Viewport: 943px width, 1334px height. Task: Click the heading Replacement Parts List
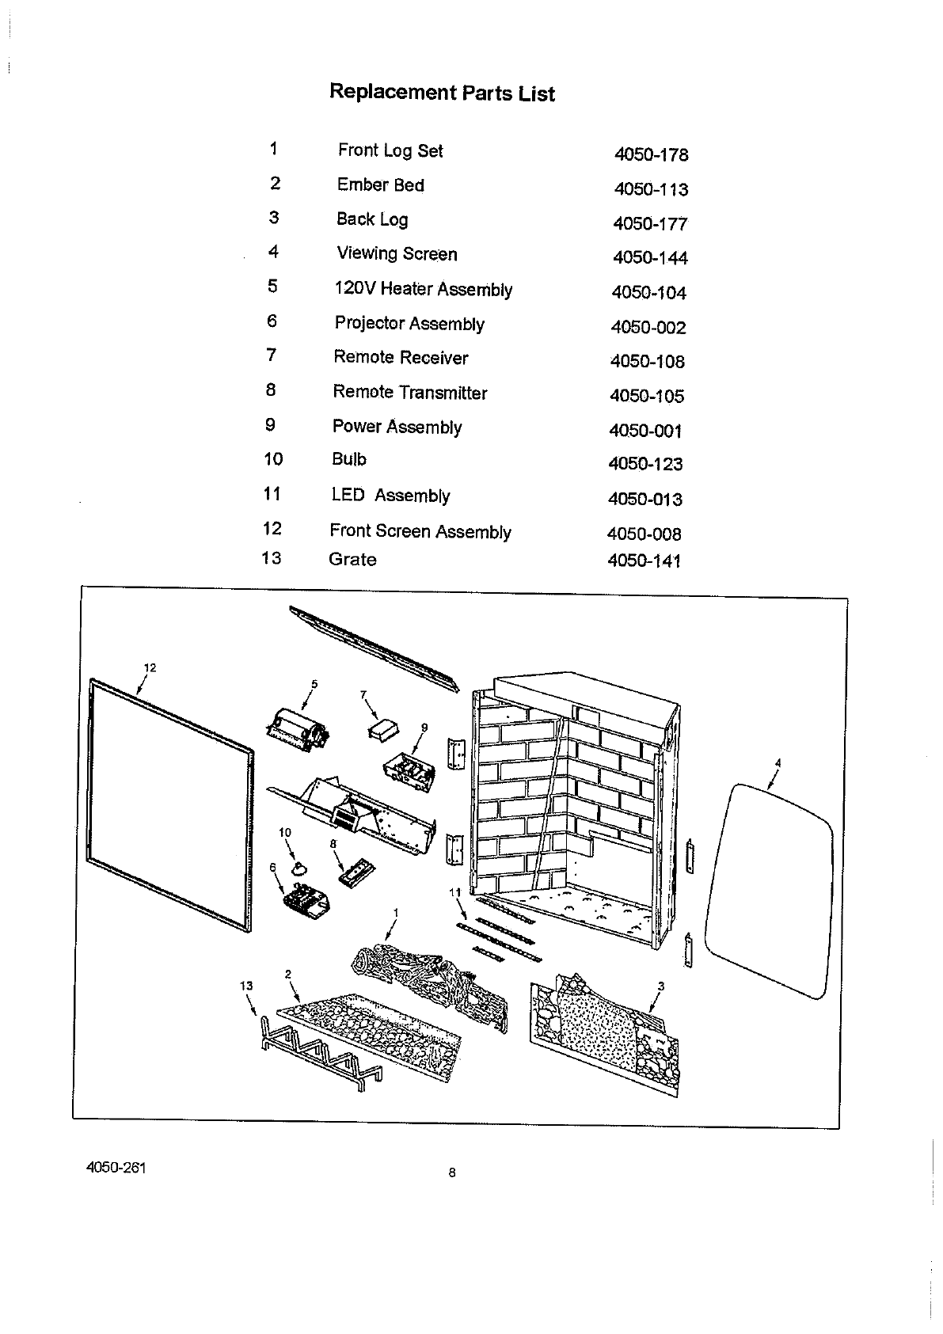[x=442, y=93]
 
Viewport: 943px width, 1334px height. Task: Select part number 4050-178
[x=651, y=154]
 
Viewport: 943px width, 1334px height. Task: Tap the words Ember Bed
[x=380, y=185]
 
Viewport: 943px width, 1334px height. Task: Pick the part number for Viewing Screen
[x=650, y=258]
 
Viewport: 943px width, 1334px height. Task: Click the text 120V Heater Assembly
[x=423, y=289]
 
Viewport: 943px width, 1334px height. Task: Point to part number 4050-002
[x=648, y=328]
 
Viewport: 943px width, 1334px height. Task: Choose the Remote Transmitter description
[x=409, y=393]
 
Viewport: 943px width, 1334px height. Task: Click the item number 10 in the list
[x=273, y=459]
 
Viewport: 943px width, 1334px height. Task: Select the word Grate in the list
[x=352, y=560]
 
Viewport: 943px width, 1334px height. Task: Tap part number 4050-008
[x=644, y=534]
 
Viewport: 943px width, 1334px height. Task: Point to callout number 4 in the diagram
[x=778, y=762]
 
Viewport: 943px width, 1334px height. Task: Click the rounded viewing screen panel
[x=772, y=887]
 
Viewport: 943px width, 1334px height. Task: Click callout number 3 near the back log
[x=660, y=986]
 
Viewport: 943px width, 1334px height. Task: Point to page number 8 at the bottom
[x=452, y=1173]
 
